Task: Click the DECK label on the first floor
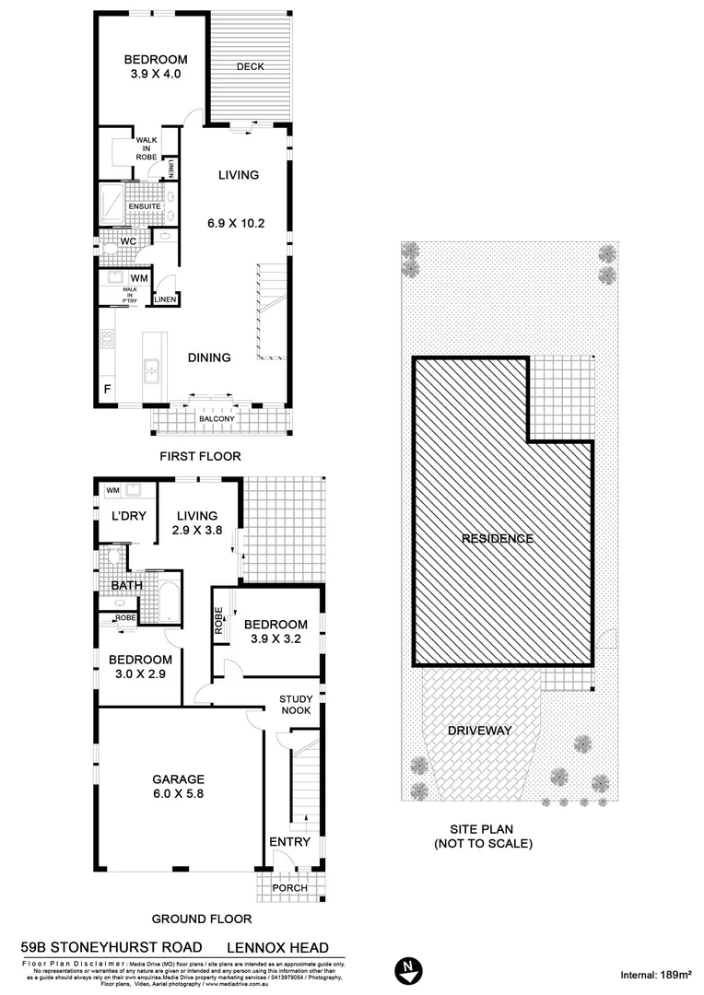(251, 66)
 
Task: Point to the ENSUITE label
(145, 206)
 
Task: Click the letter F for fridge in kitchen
(108, 390)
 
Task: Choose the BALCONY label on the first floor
(217, 419)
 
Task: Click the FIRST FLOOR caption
(200, 456)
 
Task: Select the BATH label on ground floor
(125, 585)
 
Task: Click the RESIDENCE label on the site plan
(498, 538)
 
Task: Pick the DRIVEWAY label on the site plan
(479, 731)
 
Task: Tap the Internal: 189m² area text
(655, 974)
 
